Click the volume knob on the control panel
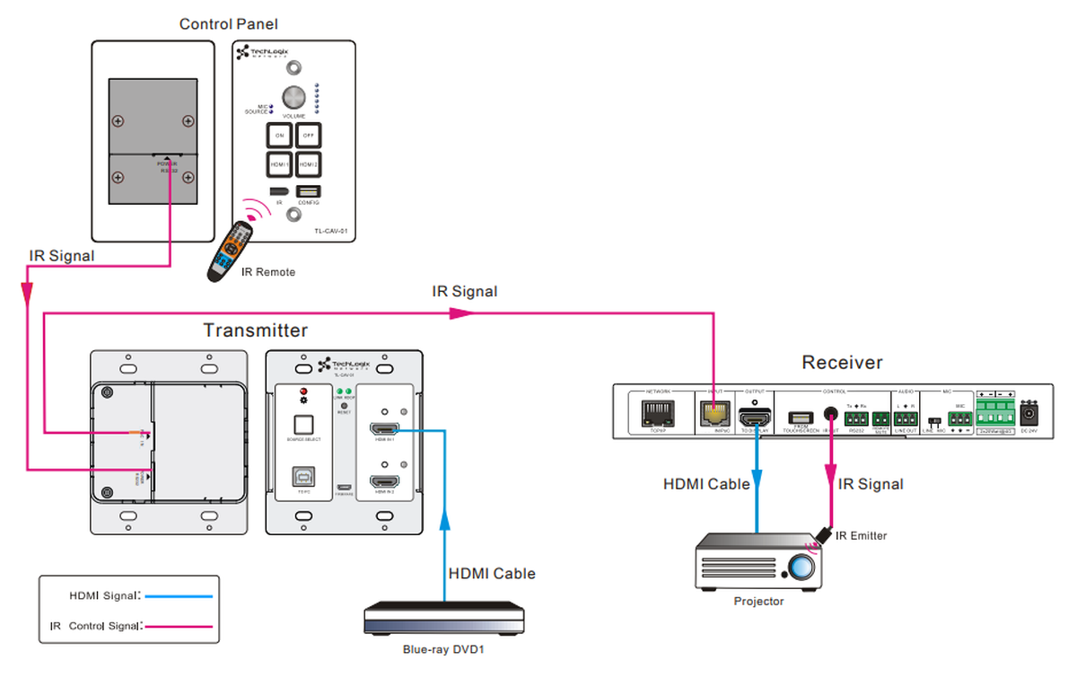293,97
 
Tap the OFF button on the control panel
308,135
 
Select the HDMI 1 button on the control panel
279,164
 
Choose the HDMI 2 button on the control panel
308,164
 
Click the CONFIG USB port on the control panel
308,191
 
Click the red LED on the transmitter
302,392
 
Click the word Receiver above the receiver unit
842,363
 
